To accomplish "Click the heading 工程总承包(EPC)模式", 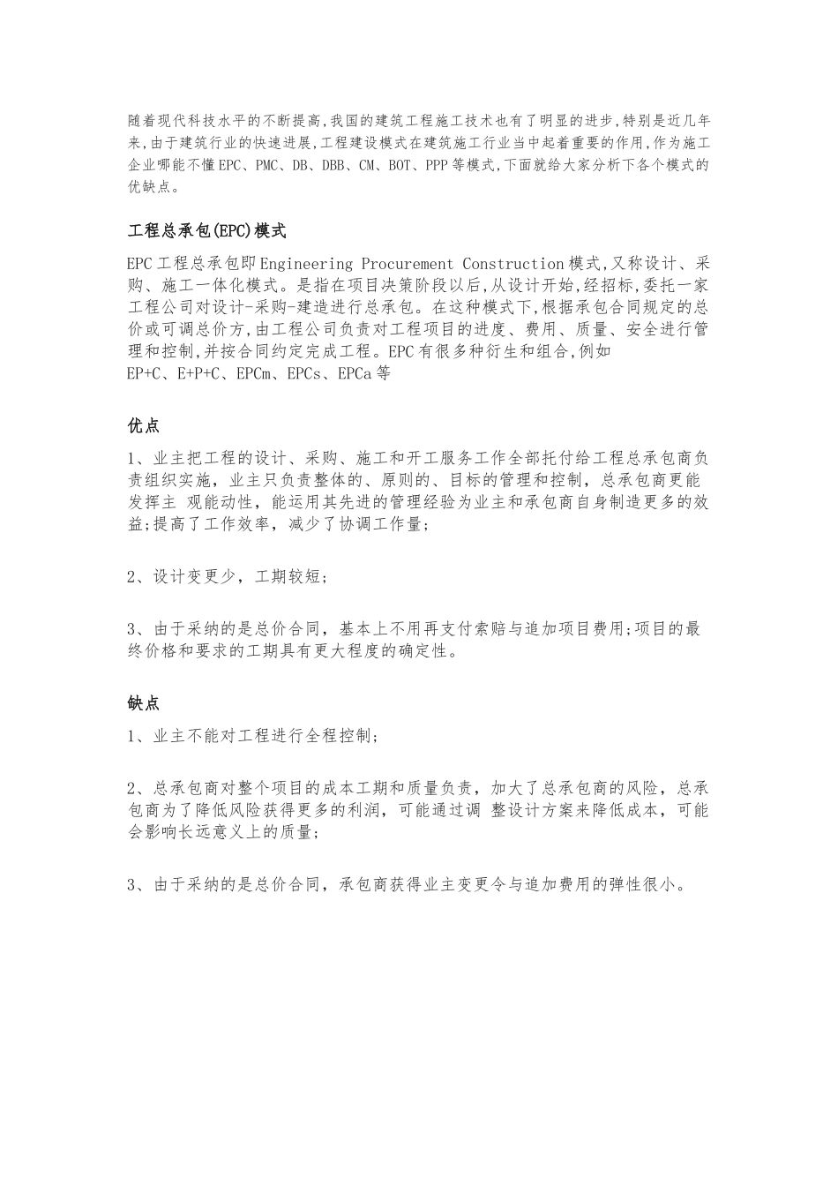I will point(207,232).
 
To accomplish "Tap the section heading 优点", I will point(144,425).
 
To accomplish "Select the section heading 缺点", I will point(144,703).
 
